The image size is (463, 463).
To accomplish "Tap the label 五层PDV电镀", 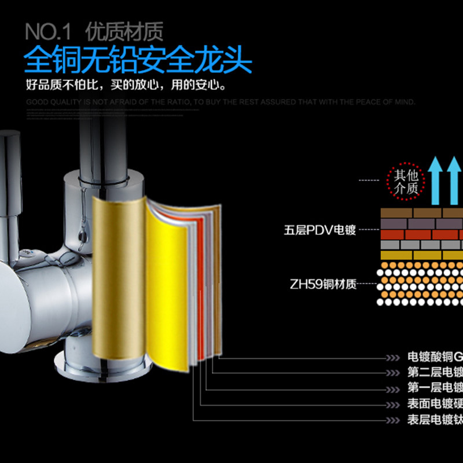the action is (x=319, y=230).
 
